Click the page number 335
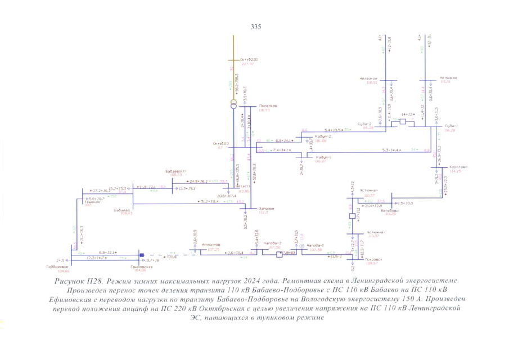(255, 26)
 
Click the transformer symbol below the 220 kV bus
(234, 105)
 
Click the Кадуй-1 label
(323, 157)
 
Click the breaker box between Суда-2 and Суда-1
(402, 121)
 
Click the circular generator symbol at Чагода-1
(301, 246)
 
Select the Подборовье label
(57, 267)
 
